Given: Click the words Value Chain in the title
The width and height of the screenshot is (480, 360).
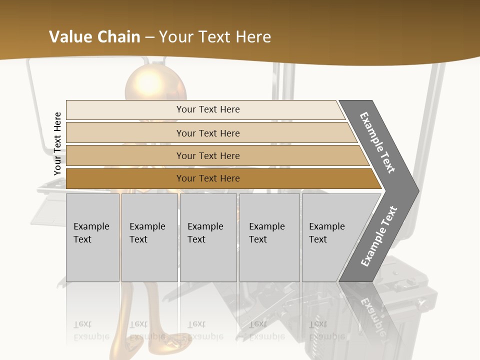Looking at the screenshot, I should coord(94,37).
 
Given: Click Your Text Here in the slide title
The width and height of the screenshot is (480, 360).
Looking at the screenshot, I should coord(215,37).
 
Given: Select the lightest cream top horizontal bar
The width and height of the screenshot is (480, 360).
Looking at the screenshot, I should coord(125,110).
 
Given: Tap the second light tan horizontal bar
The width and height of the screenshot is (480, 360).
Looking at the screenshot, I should coord(125,133).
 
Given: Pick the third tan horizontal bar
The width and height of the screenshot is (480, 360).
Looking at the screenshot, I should coord(125,155).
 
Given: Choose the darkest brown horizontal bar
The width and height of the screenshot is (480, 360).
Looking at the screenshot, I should coord(125,178).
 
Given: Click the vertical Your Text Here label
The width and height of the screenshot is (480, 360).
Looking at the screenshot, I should coord(57,143).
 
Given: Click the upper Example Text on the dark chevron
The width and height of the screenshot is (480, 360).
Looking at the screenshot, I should coord(377,142).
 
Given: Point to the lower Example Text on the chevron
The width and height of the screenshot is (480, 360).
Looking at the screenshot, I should coord(379,236).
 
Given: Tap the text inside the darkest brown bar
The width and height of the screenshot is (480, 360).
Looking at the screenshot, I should coord(208,178).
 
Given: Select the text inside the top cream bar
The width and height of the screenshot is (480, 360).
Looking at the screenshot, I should coord(208,109).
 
